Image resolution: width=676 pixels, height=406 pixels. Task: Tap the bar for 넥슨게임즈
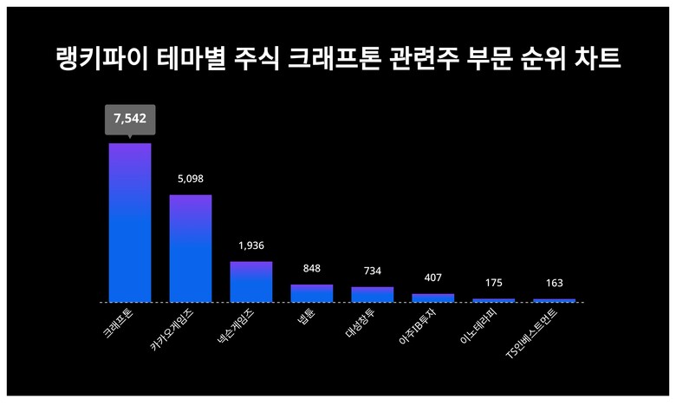tap(251, 281)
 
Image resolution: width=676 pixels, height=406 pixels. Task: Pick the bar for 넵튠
tap(312, 293)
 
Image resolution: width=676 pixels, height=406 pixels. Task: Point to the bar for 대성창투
tap(373, 294)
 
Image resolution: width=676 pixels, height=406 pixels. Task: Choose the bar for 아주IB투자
tap(433, 298)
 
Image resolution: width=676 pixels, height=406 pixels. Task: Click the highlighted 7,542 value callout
tap(130, 120)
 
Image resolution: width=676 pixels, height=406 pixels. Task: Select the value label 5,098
tap(191, 179)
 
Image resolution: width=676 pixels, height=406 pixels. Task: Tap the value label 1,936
tap(251, 246)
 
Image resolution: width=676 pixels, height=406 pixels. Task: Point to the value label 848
tap(312, 268)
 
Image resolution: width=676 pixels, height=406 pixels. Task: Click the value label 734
tap(373, 271)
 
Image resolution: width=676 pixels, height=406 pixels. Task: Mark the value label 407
tap(433, 278)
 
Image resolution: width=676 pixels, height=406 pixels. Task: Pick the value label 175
tap(494, 283)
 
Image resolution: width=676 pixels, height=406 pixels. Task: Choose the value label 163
tap(555, 283)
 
